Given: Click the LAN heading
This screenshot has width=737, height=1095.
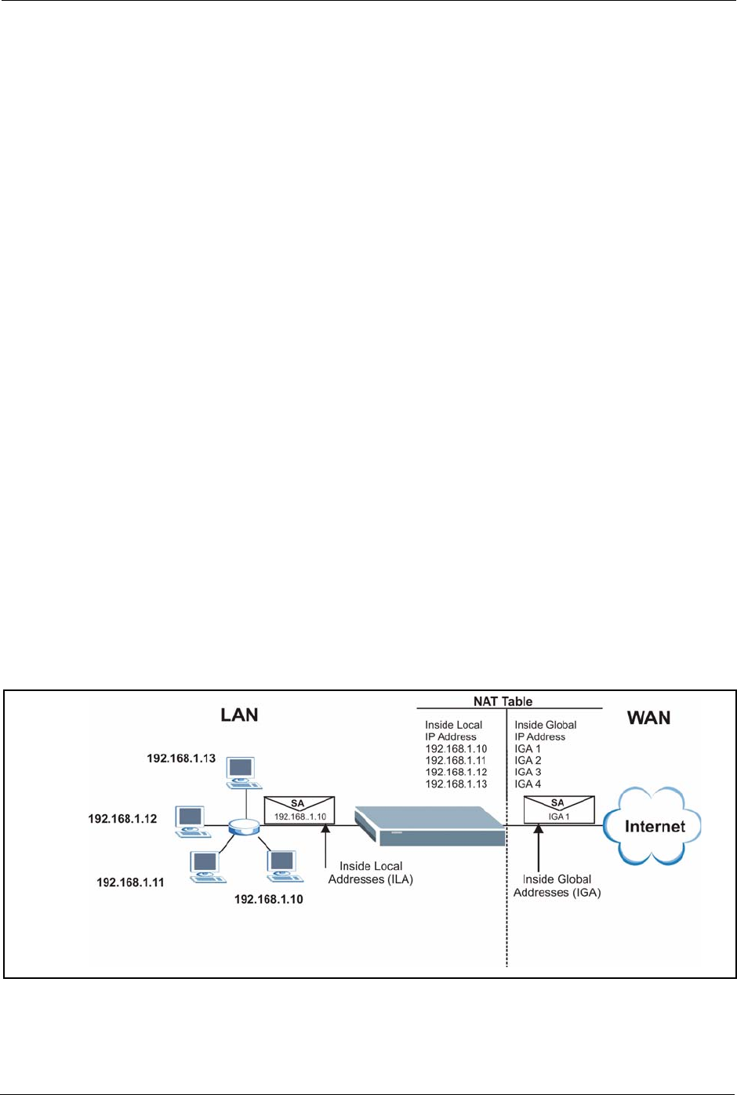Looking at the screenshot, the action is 239,715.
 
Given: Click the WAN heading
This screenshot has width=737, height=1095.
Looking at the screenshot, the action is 648,718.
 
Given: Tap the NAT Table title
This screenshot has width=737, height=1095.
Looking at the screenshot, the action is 503,701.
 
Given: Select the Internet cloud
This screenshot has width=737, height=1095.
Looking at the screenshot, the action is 652,826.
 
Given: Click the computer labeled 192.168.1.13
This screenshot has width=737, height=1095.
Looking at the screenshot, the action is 244,773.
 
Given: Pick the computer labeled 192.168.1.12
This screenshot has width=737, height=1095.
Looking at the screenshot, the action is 193,822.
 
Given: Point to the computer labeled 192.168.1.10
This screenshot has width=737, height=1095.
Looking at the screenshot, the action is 285,866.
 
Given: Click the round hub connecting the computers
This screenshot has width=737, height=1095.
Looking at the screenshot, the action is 244,827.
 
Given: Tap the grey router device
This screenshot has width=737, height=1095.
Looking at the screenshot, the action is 430,826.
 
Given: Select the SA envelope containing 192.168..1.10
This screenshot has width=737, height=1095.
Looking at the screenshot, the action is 299,810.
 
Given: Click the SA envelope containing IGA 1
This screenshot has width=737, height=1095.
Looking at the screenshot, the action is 559,809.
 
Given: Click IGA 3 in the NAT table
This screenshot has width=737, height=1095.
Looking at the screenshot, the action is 528,772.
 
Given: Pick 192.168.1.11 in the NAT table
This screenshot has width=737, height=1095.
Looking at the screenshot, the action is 456,760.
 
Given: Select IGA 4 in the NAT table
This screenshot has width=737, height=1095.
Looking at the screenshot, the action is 528,784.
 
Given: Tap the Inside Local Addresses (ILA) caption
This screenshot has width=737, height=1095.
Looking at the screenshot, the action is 370,872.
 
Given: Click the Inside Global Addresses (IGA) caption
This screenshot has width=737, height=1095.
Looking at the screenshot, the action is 557,886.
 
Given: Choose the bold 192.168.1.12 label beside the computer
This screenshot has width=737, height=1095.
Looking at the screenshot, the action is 122,819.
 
